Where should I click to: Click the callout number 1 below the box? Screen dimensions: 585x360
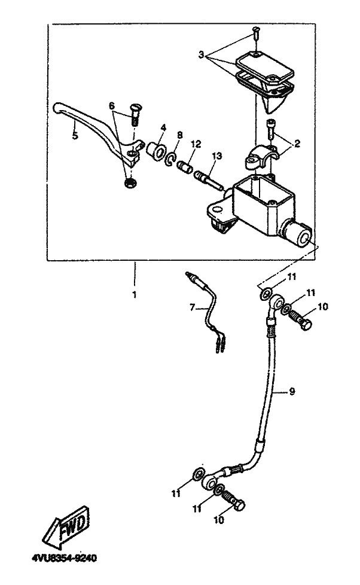[x=135, y=295]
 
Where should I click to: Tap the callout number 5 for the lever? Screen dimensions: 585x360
[x=75, y=135]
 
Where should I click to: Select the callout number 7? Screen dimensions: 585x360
[x=192, y=307]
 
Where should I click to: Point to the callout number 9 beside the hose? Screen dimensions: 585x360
[x=292, y=392]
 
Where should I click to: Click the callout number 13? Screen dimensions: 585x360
[x=216, y=156]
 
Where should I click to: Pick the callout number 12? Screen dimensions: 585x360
[x=196, y=145]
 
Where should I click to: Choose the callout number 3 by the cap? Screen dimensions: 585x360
[x=202, y=55]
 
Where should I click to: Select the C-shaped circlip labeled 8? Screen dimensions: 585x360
[x=172, y=159]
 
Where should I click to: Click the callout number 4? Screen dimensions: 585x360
[x=162, y=127]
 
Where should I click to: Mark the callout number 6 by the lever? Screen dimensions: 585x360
[x=111, y=105]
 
